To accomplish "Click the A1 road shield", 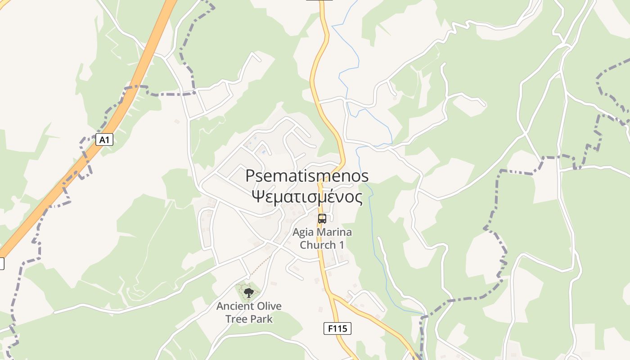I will (104, 140).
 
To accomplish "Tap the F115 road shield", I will (337, 328).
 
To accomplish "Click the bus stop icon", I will (322, 219).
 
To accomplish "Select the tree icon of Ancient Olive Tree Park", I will (248, 293).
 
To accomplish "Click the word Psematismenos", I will (307, 176).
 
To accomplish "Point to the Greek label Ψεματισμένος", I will (307, 197).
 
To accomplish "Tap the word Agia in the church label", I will (303, 233).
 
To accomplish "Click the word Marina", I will (334, 233).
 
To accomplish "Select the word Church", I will (318, 245).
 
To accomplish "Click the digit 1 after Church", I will (342, 245).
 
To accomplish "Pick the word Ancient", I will (233, 306).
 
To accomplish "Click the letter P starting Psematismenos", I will (250, 176).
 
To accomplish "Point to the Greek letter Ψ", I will (257, 197).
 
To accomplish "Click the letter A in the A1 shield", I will (102, 140).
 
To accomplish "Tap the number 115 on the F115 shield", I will (341, 328).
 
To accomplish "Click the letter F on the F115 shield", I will (330, 328).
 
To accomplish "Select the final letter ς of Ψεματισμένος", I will (358, 198).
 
